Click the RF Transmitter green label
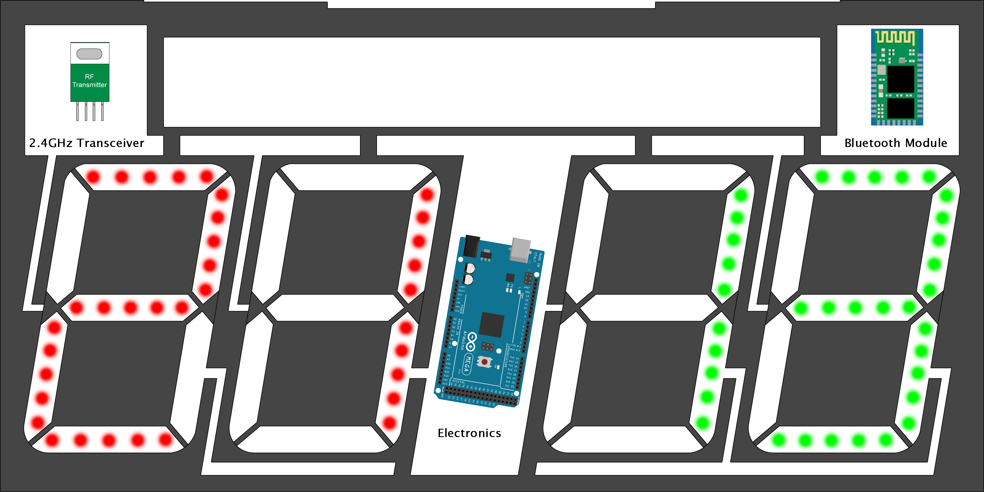(89, 81)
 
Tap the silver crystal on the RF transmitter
(89, 54)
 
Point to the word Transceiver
(110, 143)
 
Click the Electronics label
(469, 433)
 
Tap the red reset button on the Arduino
(484, 361)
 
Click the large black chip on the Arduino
(492, 324)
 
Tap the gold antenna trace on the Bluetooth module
(895, 37)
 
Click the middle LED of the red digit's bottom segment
(109, 440)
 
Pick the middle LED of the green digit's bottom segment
(831, 440)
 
